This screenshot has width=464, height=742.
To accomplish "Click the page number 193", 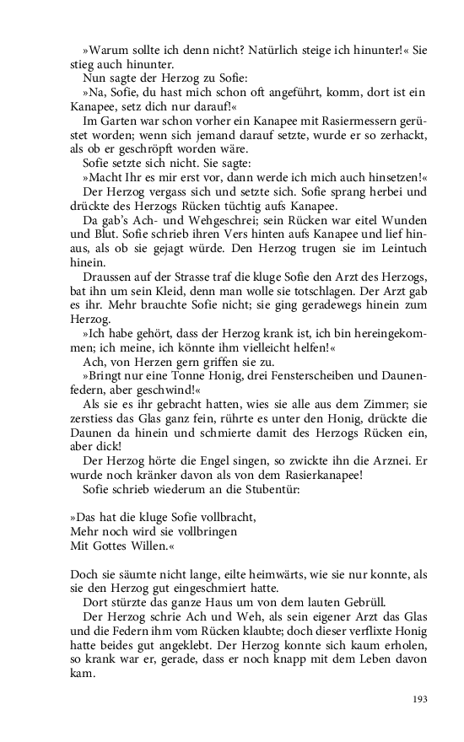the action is [419, 699].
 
